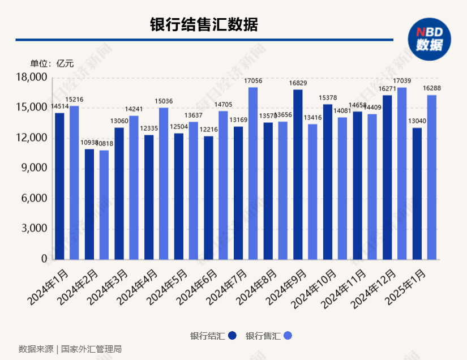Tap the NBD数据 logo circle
pos(430,38)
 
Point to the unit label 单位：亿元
pos(52,63)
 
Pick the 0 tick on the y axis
pos(44,259)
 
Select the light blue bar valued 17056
pos(253,173)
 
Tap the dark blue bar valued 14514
pos(59,186)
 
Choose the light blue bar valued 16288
pos(431,177)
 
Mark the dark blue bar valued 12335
pos(149,197)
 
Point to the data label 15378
pos(328,98)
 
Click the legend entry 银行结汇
pos(213,336)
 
